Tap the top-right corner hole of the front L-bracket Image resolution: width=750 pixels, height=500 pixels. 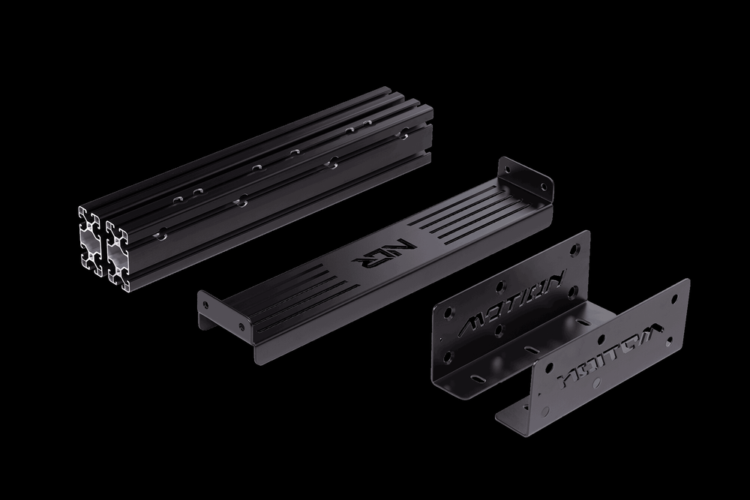pyautogui.click(x=675, y=293)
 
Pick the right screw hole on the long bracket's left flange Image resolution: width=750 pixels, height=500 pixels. pyautogui.click(x=240, y=326)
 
